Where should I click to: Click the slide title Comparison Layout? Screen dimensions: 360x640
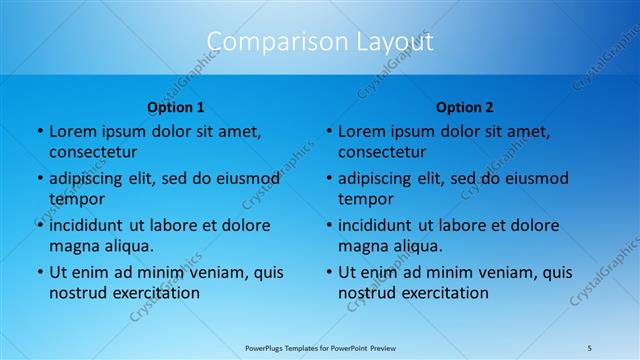(320, 42)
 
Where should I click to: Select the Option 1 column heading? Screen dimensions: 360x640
(176, 107)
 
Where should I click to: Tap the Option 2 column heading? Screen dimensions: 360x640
(465, 107)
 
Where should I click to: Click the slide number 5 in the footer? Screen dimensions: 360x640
(591, 347)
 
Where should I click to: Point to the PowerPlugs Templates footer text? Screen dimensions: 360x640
(320, 347)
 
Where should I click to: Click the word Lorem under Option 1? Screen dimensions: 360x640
(73, 131)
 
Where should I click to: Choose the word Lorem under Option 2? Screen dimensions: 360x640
(362, 131)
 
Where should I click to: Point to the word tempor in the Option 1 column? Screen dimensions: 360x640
(74, 199)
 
